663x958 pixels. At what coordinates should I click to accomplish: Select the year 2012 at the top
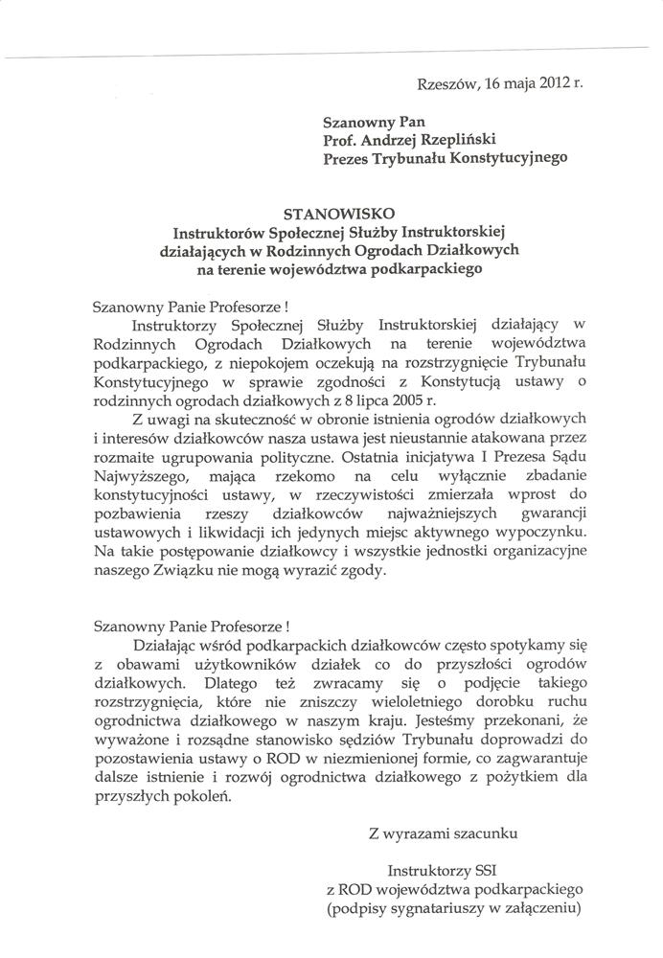coord(556,84)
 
